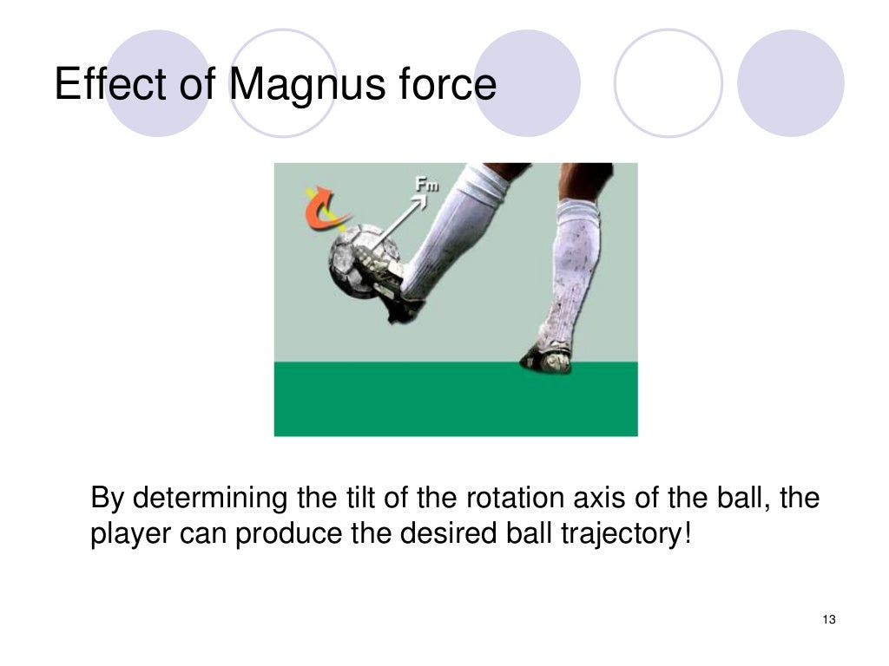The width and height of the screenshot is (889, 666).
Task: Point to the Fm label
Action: point(427,185)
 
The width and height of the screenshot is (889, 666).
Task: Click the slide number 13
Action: point(827,619)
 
